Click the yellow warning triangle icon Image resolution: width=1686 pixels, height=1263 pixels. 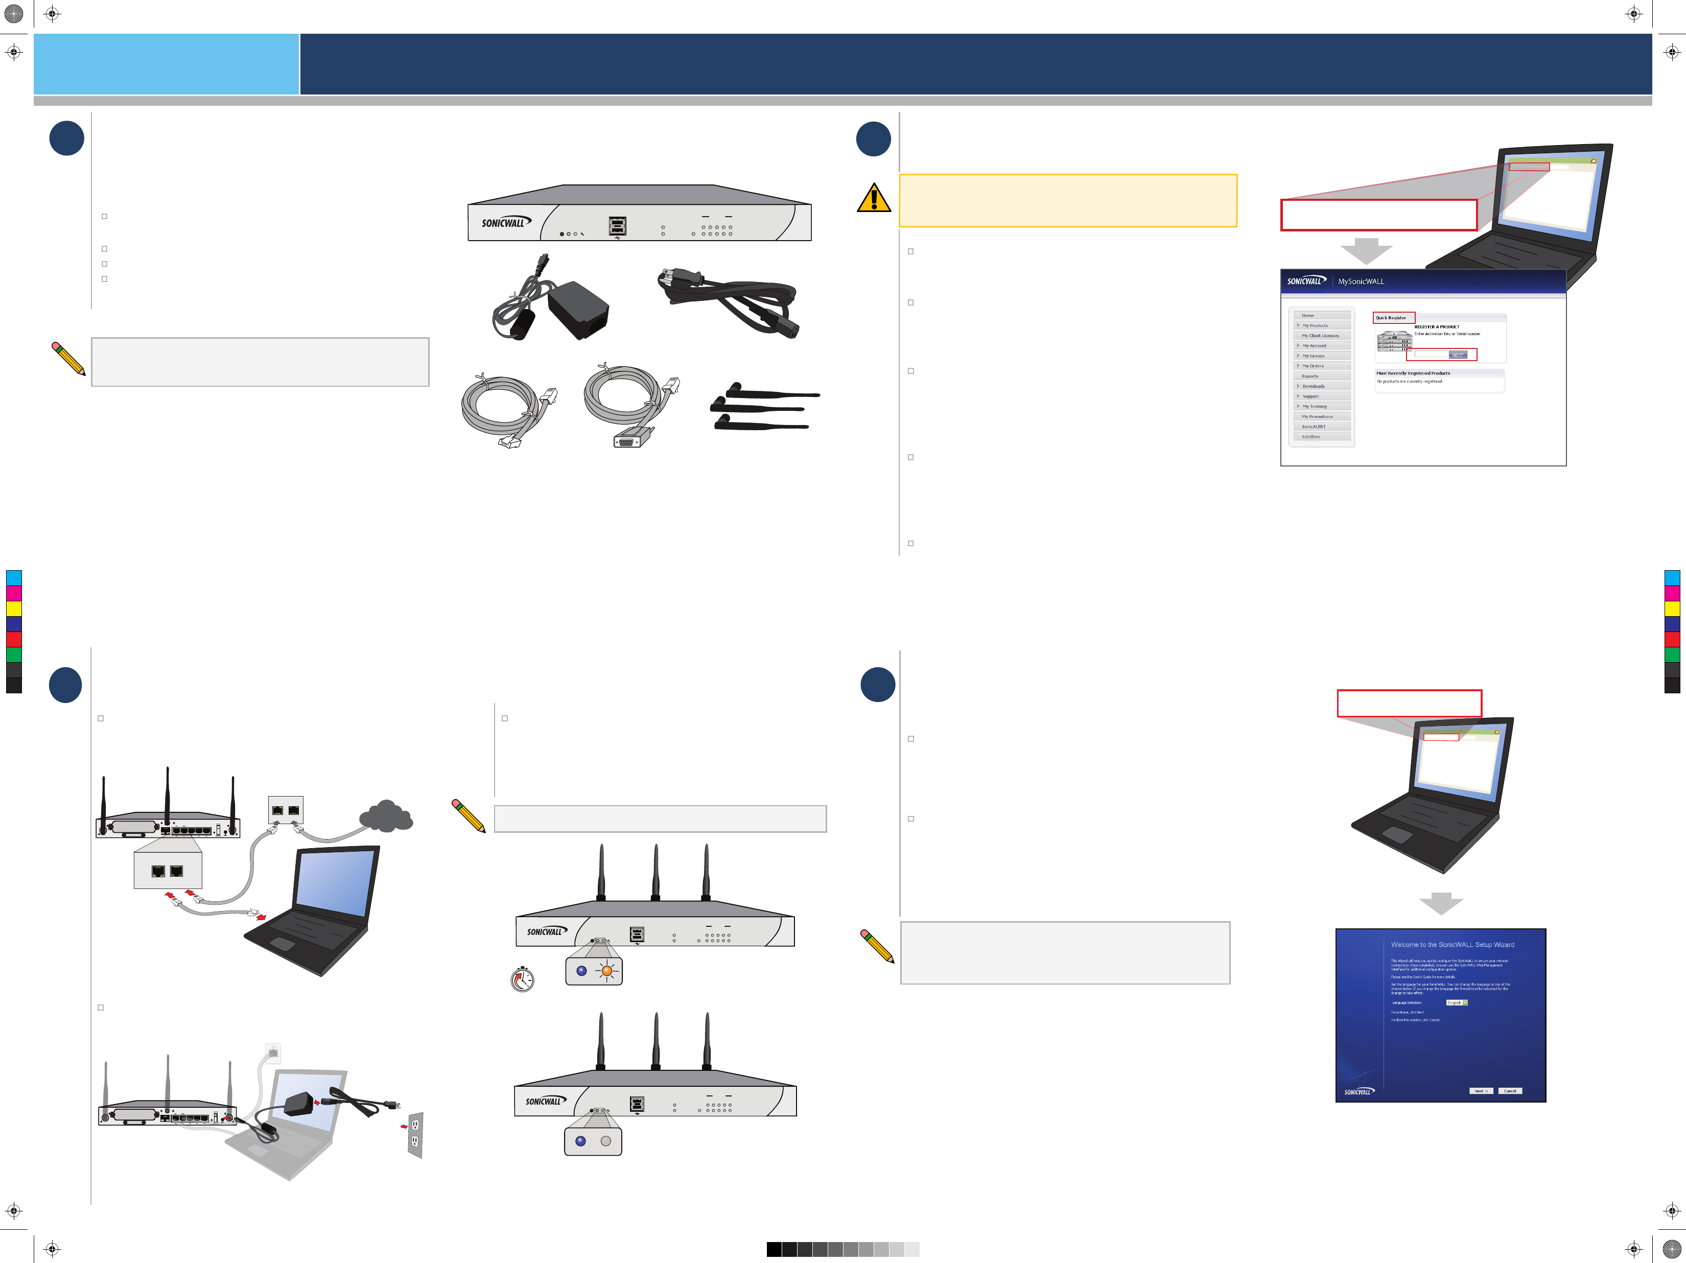874,198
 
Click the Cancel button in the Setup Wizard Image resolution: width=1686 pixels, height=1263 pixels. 1509,1091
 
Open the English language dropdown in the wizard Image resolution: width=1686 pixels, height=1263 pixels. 1457,1002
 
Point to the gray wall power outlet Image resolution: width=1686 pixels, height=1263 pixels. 415,1134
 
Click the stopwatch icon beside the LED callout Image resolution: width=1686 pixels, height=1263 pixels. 522,979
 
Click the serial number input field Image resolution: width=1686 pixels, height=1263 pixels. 1431,355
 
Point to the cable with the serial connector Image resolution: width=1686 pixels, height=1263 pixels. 629,406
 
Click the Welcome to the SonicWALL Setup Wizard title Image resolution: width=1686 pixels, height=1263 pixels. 1452,944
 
